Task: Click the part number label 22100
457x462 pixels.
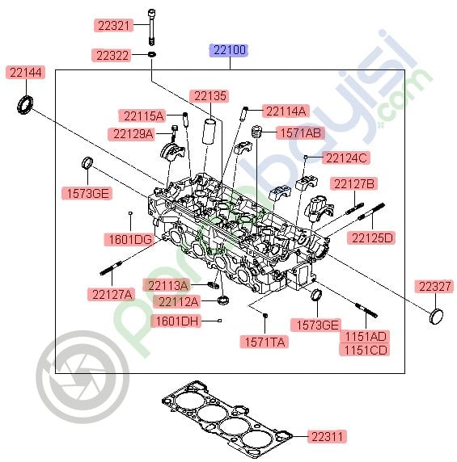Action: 229,50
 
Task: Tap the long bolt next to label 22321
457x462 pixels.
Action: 151,27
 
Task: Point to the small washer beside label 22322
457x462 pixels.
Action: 151,55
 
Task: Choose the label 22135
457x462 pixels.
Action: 209,95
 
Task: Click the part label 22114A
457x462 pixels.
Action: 286,111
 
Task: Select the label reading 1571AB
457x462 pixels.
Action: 299,132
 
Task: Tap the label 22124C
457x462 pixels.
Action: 346,157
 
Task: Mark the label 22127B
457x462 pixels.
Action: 355,184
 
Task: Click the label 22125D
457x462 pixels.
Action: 373,237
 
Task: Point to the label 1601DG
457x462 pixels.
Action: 128,239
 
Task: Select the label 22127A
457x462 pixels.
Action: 111,294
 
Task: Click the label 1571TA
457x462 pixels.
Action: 264,342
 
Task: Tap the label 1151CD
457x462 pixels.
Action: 366,349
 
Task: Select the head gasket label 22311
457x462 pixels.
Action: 328,436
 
